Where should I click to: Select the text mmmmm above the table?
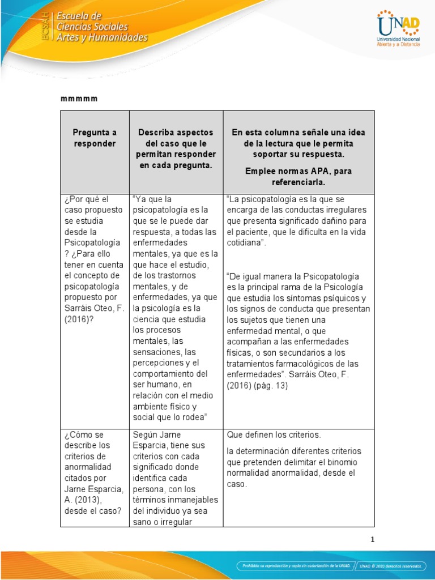pos(79,99)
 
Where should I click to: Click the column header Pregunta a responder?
pos(94,138)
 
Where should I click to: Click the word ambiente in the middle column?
pos(150,407)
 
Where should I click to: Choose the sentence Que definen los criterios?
pos(274,435)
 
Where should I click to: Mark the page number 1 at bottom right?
pos(372,540)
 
